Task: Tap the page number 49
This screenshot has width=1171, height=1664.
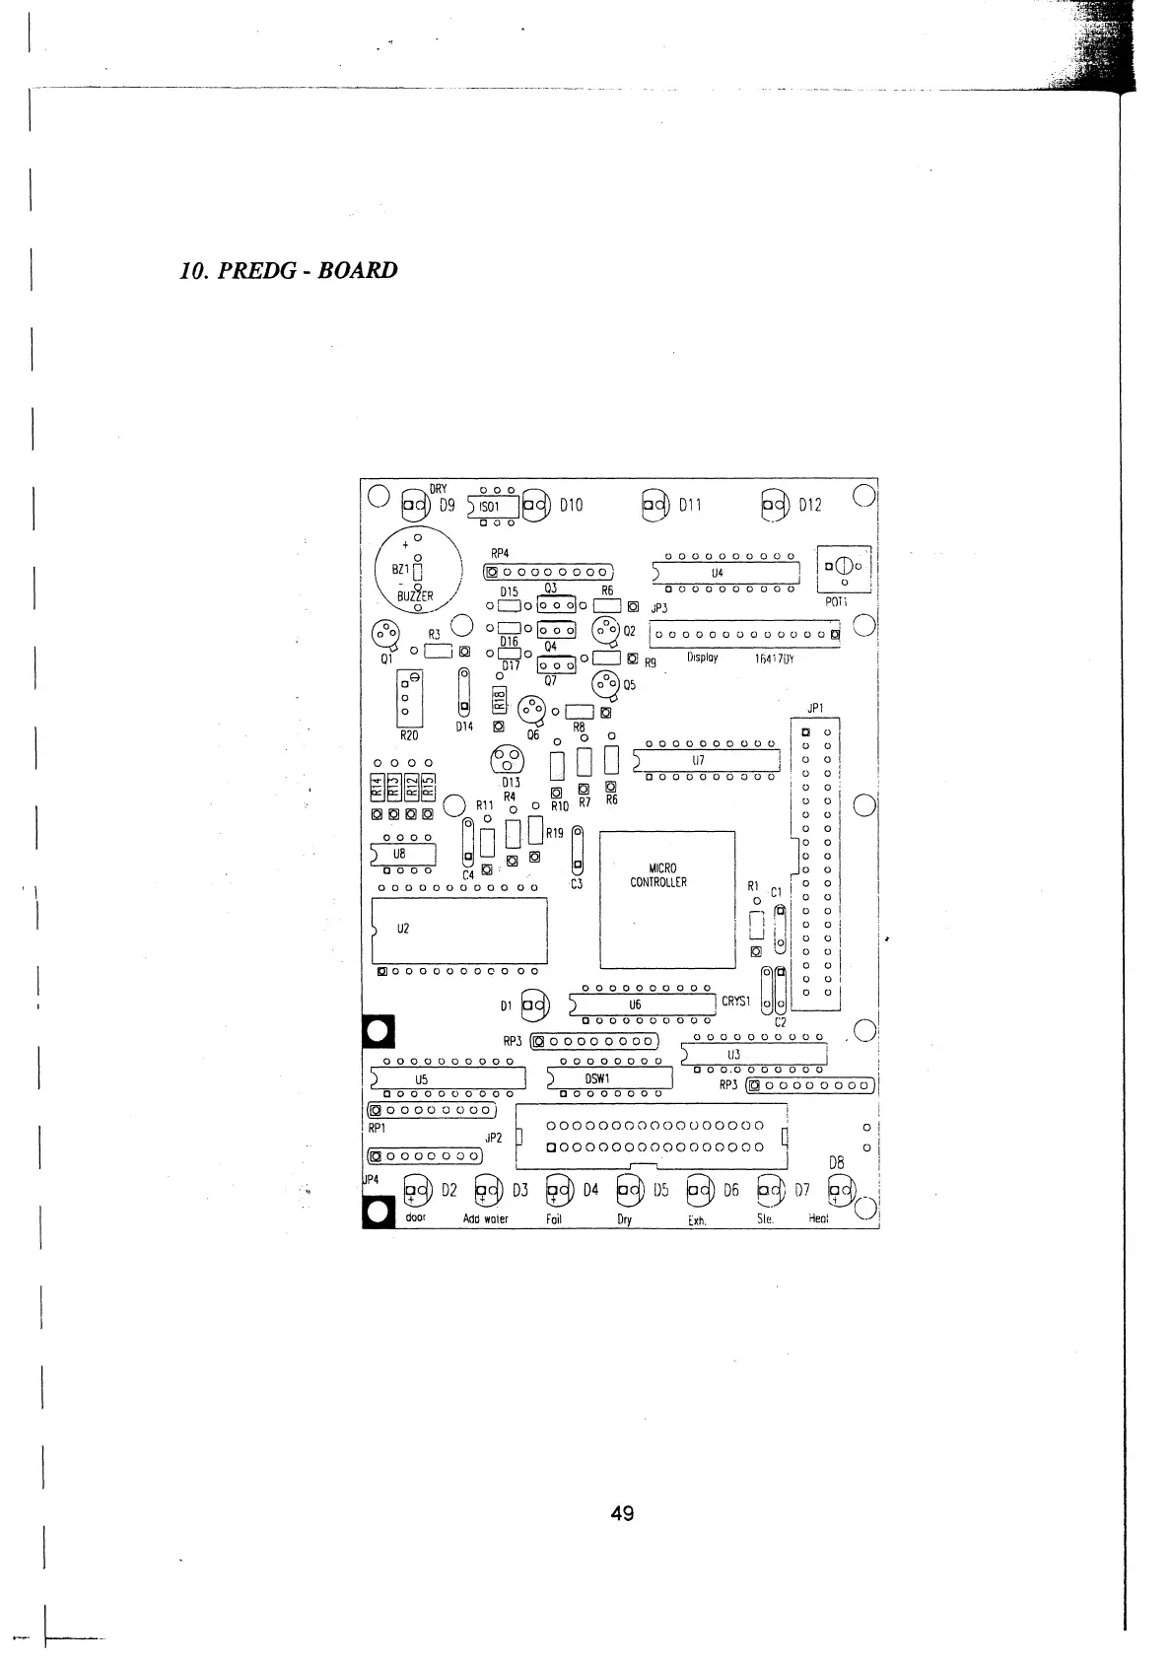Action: click(x=622, y=1512)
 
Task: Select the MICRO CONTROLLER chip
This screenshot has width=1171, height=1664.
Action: click(x=667, y=899)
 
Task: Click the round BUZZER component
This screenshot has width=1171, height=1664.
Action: click(x=419, y=573)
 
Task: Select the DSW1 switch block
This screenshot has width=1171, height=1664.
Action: click(x=610, y=1078)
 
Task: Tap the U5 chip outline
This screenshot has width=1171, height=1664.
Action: click(x=448, y=1078)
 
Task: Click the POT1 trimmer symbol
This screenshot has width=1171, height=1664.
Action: click(x=845, y=568)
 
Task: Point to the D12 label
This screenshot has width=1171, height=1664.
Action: click(x=809, y=505)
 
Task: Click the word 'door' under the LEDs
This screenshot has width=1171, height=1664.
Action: click(x=416, y=1218)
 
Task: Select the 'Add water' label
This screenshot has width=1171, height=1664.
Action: click(x=486, y=1219)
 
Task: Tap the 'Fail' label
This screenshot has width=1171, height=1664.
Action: click(x=554, y=1219)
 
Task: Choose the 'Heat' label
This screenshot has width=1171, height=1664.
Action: click(x=819, y=1219)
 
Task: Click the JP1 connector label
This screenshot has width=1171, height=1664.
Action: click(x=814, y=708)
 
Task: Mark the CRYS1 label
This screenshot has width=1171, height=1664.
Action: click(x=736, y=1002)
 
